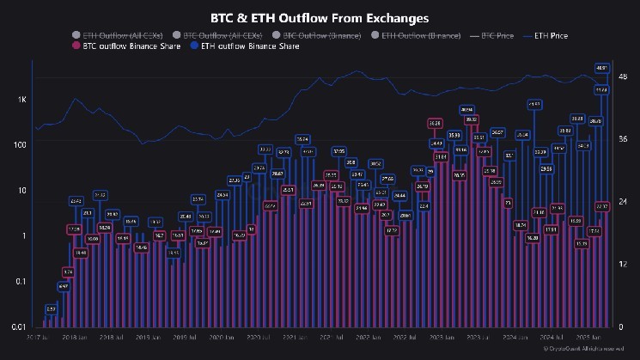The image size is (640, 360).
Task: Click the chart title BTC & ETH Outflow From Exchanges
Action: coord(320,16)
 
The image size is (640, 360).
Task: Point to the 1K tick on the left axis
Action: coord(21,100)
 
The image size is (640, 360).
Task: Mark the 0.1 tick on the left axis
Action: coord(20,281)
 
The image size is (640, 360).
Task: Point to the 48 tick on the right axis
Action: coord(624,77)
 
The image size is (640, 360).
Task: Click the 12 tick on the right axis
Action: coord(624,264)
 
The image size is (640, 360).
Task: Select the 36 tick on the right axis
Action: coord(624,139)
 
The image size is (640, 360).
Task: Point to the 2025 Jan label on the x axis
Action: coord(582,338)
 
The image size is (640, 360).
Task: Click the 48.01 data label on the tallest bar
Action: coord(602,68)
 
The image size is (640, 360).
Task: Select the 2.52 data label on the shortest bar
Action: coord(51,308)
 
